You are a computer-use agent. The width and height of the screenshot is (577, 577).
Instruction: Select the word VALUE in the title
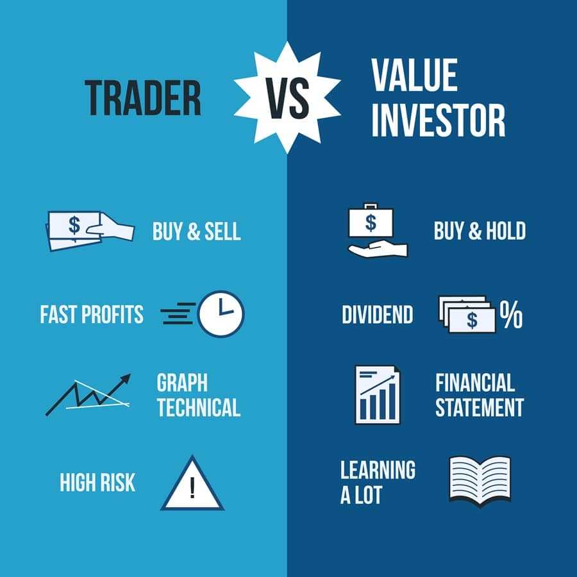[x=414, y=76]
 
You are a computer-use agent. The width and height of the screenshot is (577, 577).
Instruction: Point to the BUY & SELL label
[x=196, y=231]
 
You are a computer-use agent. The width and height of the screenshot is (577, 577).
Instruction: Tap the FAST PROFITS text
[x=92, y=315]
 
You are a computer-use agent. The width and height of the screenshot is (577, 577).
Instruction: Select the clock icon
[x=221, y=314]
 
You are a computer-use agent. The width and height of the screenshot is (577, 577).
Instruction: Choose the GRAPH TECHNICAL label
[x=198, y=395]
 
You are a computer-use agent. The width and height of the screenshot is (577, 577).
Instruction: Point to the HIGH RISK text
[x=97, y=482]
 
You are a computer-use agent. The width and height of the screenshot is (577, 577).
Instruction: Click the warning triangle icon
[x=192, y=483]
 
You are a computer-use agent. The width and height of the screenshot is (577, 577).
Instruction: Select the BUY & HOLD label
[x=479, y=231]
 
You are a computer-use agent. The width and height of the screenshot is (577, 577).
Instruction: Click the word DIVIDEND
[x=377, y=315]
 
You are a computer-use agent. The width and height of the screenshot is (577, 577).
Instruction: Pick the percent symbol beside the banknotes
[x=511, y=314]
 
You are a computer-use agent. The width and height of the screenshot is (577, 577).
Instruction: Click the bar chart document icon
[x=377, y=394]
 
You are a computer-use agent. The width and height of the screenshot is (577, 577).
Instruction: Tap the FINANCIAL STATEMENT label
[x=479, y=395]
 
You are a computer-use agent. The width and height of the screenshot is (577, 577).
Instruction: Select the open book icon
[x=480, y=479]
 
